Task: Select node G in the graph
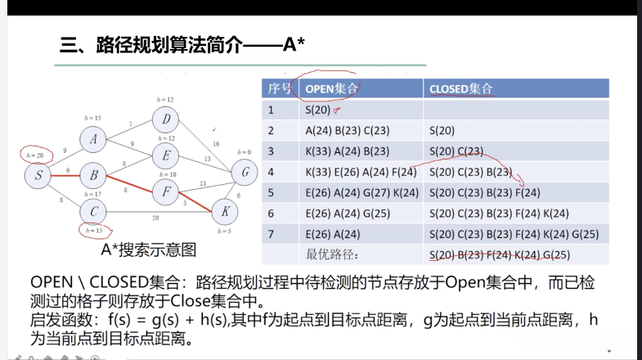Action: [x=244, y=173]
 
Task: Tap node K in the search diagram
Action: [x=223, y=210]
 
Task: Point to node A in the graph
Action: [x=94, y=139]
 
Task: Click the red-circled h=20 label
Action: [x=35, y=154]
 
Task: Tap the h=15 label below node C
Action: [x=94, y=232]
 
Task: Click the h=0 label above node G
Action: [x=244, y=152]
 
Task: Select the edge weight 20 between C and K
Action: [x=155, y=218]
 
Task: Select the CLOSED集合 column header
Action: [x=461, y=88]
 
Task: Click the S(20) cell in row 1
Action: [x=320, y=109]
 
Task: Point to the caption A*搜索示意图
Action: [x=148, y=249]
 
